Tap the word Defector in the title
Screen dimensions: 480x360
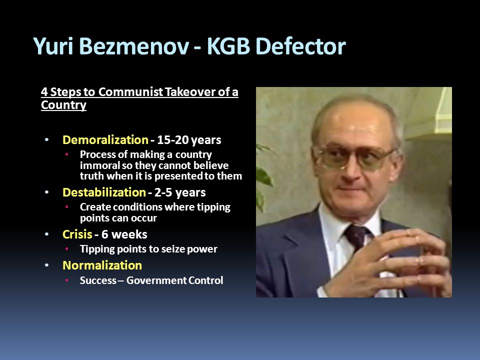pos(300,46)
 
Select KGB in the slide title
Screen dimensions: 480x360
pos(228,46)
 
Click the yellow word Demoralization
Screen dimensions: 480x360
pos(105,140)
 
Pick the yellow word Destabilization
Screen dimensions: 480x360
pos(104,192)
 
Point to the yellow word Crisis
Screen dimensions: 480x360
pos(77,234)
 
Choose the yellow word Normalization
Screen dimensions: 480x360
pos(102,265)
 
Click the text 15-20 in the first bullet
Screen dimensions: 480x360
pos(172,140)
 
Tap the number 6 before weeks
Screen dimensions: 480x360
pos(104,234)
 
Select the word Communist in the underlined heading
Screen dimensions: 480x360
pos(130,92)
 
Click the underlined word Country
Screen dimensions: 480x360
pos(63,105)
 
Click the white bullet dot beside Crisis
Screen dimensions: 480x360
pos(46,234)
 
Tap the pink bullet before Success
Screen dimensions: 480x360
pos(66,280)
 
